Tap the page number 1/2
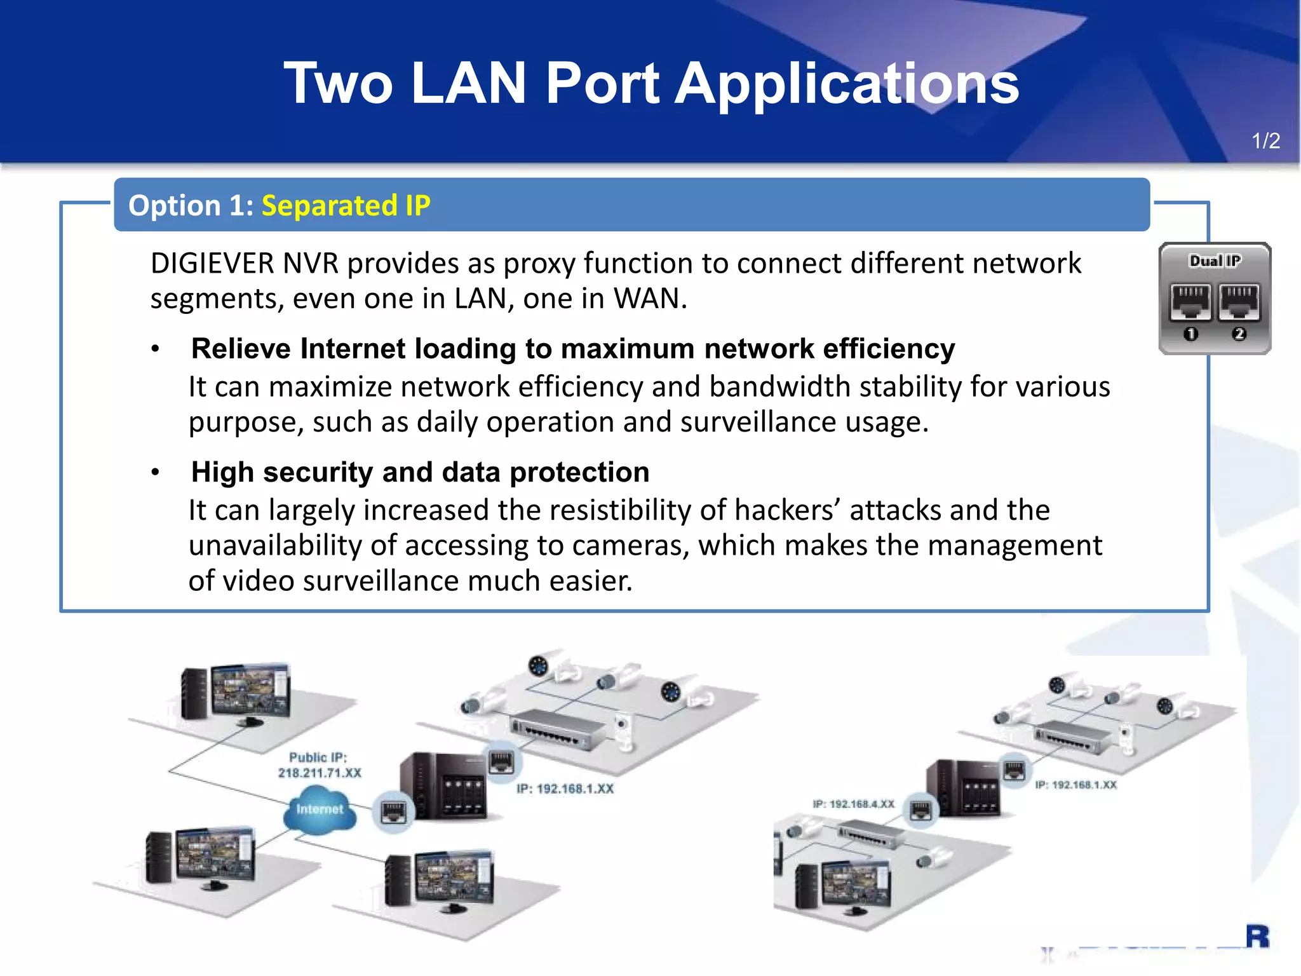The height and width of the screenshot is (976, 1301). coord(1265,140)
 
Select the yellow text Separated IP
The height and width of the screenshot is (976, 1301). coord(346,205)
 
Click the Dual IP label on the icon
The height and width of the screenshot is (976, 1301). coord(1215,261)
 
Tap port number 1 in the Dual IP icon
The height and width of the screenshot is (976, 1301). coord(1191,334)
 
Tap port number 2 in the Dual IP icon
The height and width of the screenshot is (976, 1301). coord(1239,334)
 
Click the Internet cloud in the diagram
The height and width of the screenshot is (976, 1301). coord(320,808)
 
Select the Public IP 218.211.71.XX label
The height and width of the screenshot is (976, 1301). coord(320,765)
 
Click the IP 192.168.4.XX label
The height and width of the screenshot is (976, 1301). coord(853,804)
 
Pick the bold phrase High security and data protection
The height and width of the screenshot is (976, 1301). coord(420,472)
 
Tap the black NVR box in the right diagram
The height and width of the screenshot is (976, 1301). coord(963,789)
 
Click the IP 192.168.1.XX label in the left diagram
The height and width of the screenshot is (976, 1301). coord(565,789)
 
